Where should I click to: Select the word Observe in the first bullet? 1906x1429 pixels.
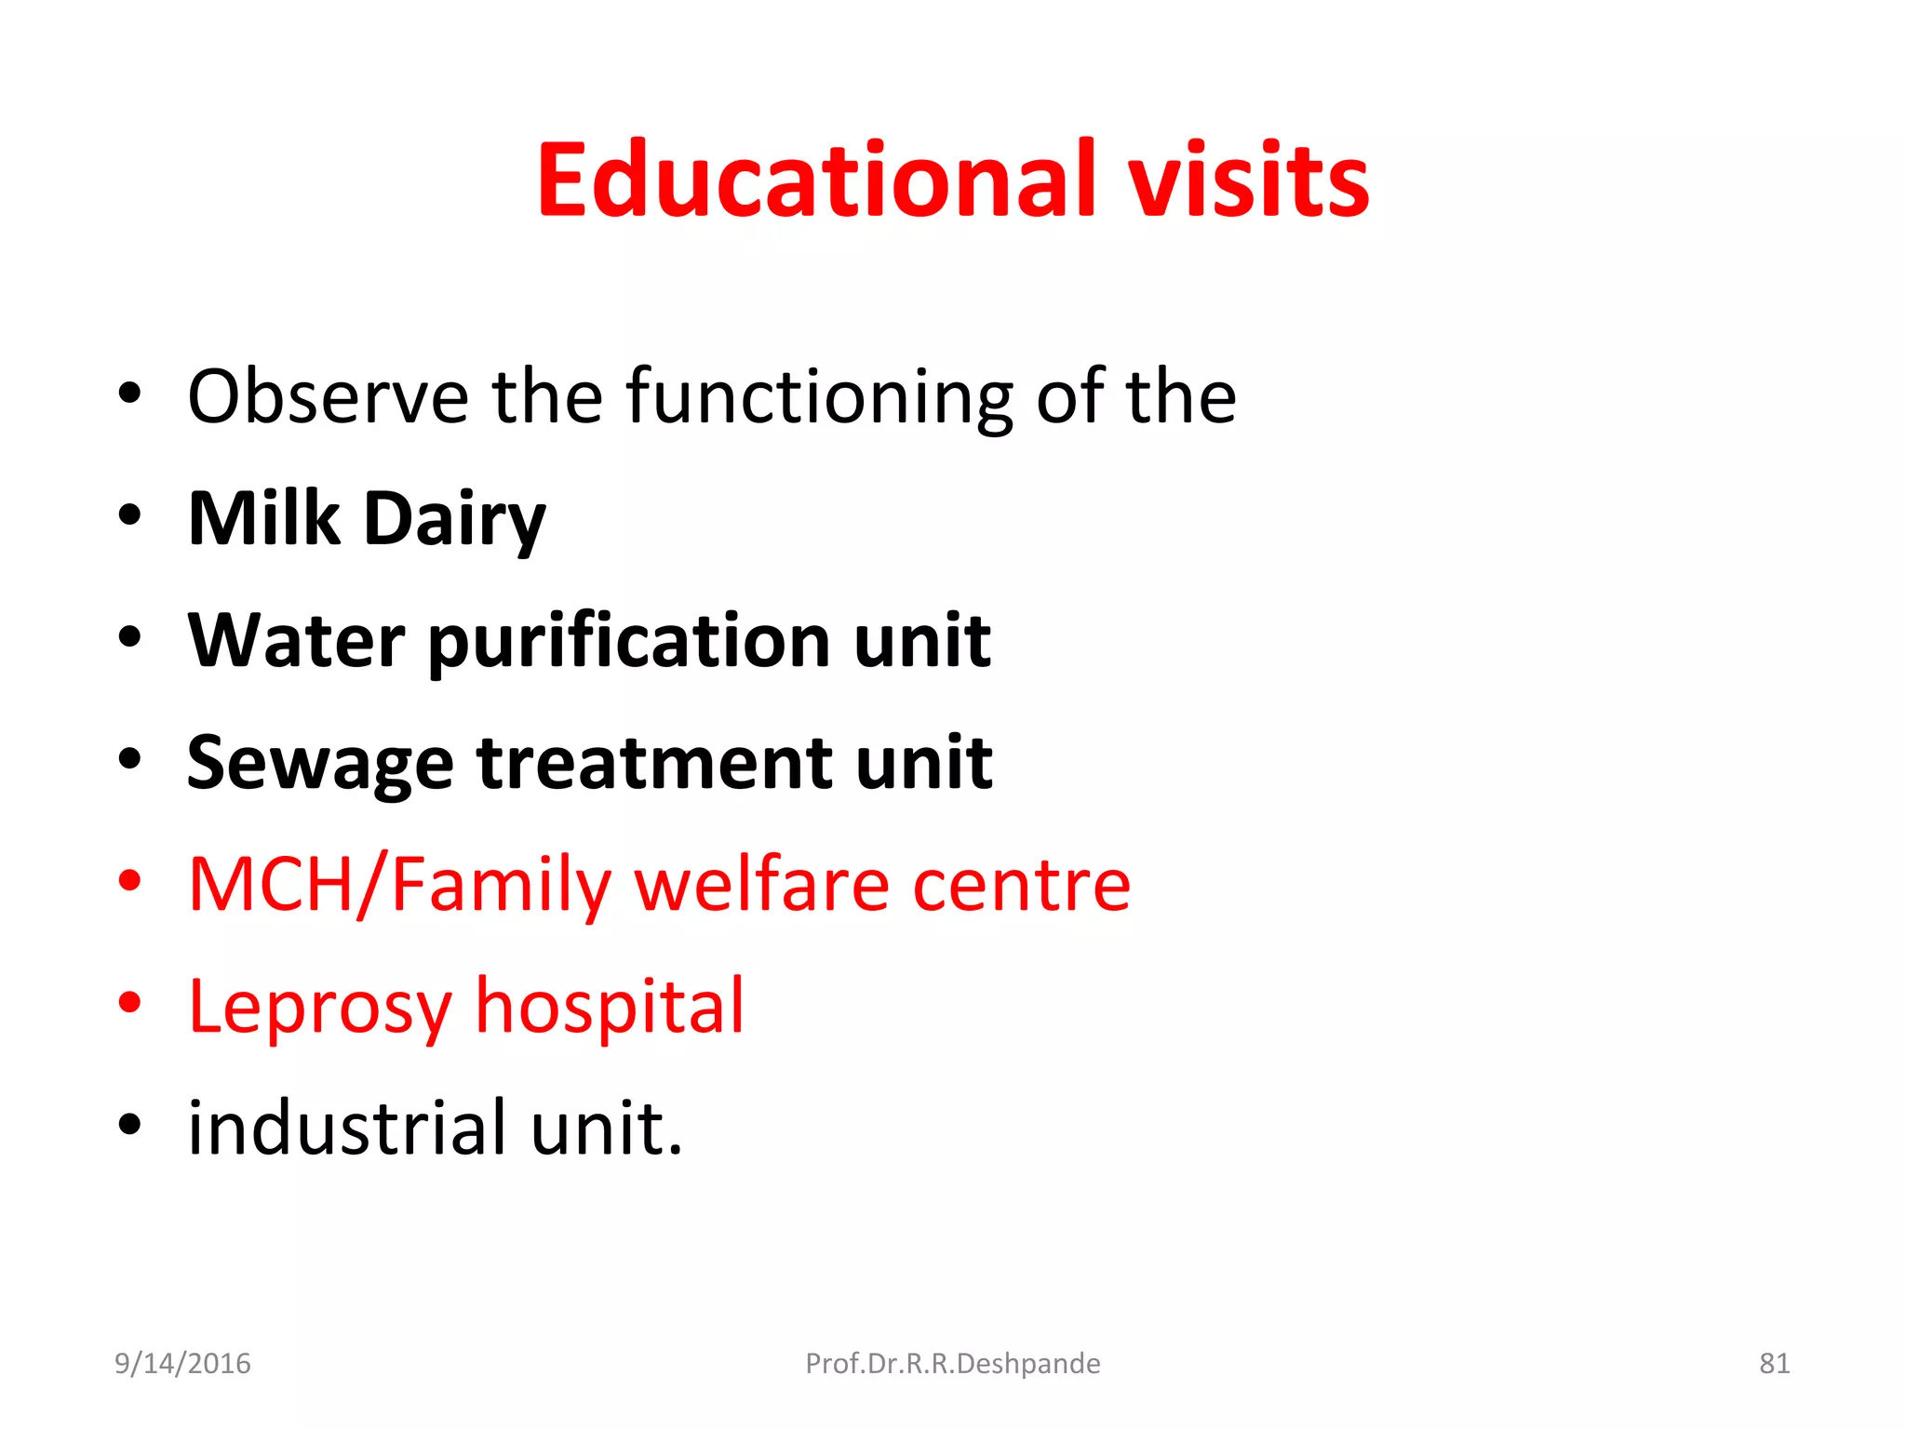pyautogui.click(x=328, y=397)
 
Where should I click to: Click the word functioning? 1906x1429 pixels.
pyautogui.click(x=819, y=397)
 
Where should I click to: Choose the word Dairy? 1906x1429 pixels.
pyautogui.click(x=454, y=520)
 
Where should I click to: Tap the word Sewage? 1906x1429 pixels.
pyautogui.click(x=319, y=764)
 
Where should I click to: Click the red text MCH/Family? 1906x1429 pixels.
pyautogui.click(x=399, y=885)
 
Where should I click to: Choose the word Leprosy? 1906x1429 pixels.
pyautogui.click(x=319, y=1008)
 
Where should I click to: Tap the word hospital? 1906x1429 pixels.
pyautogui.click(x=610, y=1007)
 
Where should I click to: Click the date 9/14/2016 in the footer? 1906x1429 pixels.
pyautogui.click(x=182, y=1363)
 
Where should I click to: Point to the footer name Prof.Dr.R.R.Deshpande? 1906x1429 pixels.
pyautogui.click(x=952, y=1363)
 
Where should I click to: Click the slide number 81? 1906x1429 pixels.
pyautogui.click(x=1774, y=1363)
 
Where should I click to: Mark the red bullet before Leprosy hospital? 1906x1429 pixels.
pyautogui.click(x=130, y=1002)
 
